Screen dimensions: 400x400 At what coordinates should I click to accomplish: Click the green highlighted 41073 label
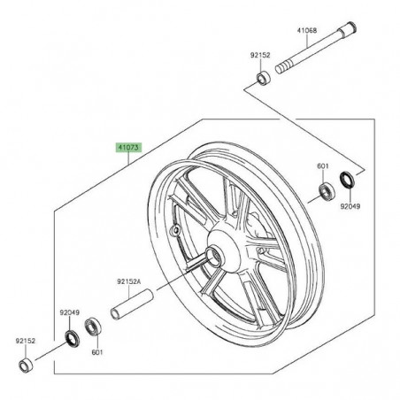pos(128,148)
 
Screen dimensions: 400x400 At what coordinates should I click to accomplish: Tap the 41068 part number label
pos(307,30)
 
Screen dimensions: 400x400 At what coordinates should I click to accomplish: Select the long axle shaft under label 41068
pos(316,48)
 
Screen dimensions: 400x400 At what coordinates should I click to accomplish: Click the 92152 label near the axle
pos(260,55)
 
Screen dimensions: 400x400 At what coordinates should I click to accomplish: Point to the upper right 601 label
pos(323,166)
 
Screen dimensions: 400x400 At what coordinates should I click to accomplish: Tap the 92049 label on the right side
pos(350,206)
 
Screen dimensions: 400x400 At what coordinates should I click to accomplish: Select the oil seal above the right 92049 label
pos(347,180)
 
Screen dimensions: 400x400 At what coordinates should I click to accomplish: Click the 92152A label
pos(129,281)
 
